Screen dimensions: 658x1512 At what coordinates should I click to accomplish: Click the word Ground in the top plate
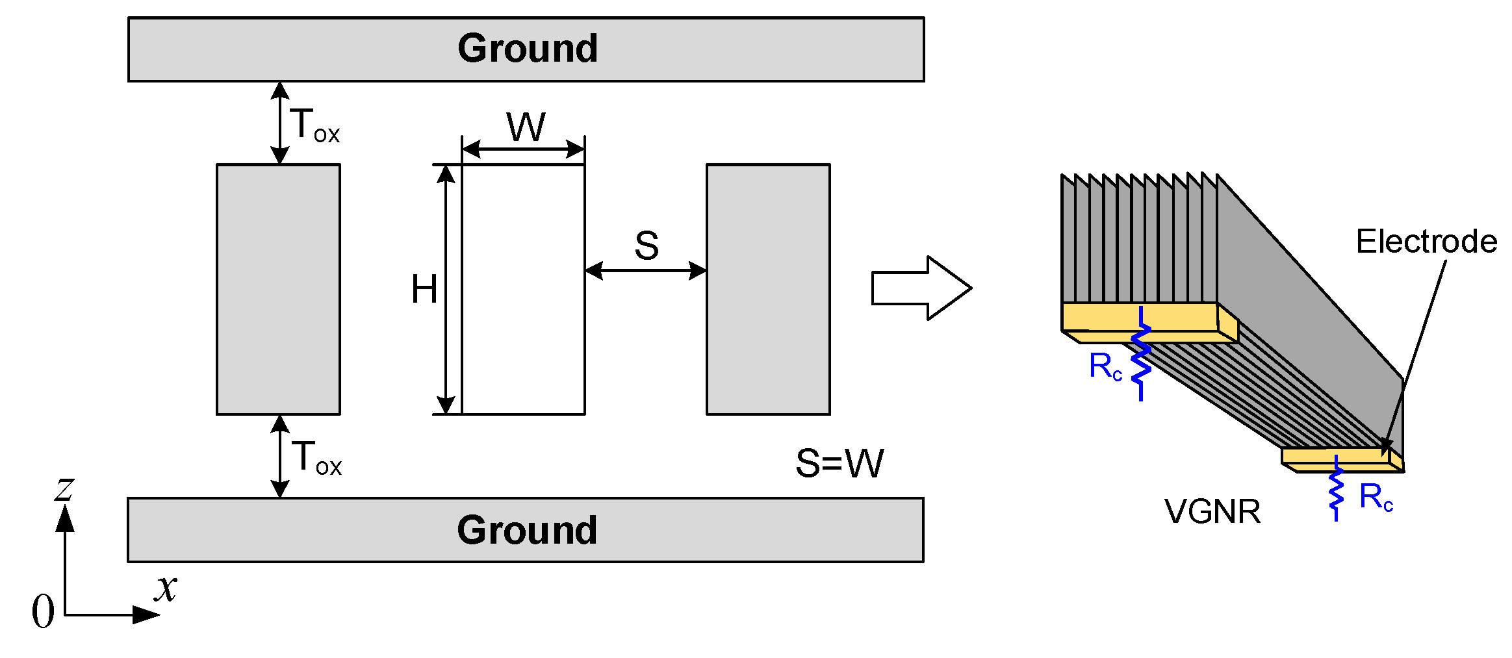(x=527, y=49)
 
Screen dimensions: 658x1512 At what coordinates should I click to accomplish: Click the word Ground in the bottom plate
(x=526, y=530)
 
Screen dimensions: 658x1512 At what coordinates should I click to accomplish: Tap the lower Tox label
(x=316, y=457)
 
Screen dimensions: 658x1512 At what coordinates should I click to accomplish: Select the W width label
(x=526, y=127)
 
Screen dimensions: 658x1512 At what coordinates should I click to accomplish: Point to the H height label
(x=424, y=289)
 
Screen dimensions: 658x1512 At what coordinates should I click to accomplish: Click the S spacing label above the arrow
(x=646, y=246)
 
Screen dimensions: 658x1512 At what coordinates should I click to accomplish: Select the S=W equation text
(x=839, y=463)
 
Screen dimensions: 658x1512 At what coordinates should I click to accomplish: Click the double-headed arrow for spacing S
(x=645, y=271)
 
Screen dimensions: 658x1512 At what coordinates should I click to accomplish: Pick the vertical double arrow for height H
(x=446, y=289)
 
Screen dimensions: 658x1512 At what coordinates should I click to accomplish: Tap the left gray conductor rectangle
(x=278, y=289)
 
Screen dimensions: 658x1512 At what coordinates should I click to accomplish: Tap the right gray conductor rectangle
(x=768, y=289)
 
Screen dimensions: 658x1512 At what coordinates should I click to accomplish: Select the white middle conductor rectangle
(x=523, y=289)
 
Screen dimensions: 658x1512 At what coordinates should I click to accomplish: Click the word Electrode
(x=1426, y=242)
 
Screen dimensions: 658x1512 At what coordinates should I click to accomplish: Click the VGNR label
(x=1212, y=511)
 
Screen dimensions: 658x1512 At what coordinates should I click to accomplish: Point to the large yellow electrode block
(x=1138, y=317)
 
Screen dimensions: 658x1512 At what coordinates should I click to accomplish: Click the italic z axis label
(x=64, y=488)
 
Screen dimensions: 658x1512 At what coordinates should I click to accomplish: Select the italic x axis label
(x=166, y=588)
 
